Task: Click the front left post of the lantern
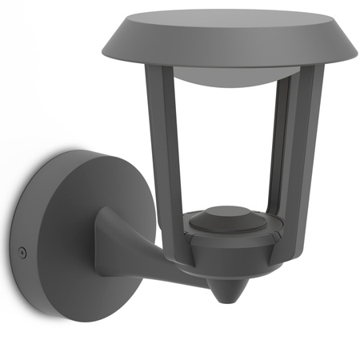coord(165,144)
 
